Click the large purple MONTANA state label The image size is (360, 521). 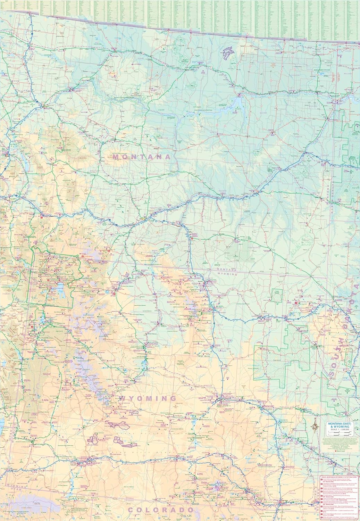pos(142,157)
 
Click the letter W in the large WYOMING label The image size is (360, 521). pos(123,398)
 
